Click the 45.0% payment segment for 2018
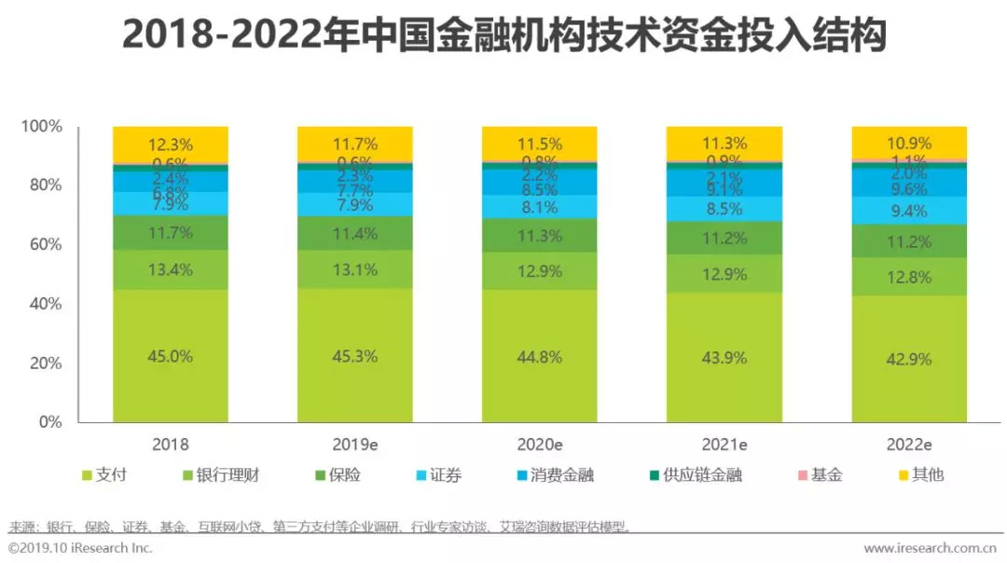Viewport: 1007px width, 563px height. [x=169, y=355]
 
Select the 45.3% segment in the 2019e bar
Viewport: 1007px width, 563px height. [x=354, y=355]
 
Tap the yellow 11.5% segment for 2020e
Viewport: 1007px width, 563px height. [x=539, y=144]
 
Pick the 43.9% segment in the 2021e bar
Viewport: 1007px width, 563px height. [x=724, y=357]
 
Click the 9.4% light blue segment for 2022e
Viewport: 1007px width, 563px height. [x=909, y=211]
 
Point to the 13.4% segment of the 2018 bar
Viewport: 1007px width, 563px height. [x=169, y=269]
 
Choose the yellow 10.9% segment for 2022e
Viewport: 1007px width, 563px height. [x=909, y=143]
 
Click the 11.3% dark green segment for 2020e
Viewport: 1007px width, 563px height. [x=539, y=235]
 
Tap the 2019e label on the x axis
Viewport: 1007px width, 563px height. [x=354, y=445]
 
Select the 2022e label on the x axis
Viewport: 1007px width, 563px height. [x=909, y=445]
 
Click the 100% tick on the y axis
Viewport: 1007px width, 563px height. [x=42, y=126]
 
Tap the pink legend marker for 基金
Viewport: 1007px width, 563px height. [x=803, y=475]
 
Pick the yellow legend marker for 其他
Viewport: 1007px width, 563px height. [x=904, y=475]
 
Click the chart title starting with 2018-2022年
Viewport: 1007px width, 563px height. [x=504, y=37]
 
